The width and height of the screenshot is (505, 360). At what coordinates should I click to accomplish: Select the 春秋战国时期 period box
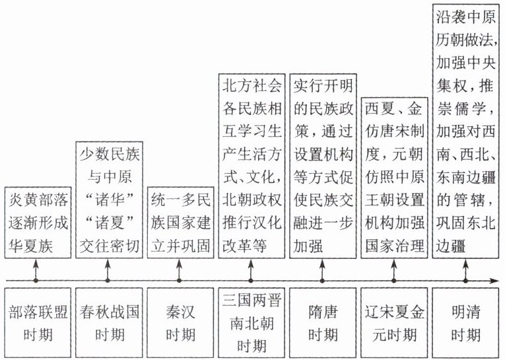(108, 322)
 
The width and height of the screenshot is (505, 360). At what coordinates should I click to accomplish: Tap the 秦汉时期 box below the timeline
(180, 322)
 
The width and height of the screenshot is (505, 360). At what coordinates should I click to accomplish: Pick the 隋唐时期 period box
(322, 322)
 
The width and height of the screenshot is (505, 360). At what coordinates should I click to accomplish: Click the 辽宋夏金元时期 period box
(393, 322)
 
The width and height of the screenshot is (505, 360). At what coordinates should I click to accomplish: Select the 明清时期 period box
(465, 322)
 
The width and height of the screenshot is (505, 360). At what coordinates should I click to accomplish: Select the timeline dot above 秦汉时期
(180, 281)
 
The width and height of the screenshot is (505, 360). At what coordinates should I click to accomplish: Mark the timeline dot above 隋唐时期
(322, 281)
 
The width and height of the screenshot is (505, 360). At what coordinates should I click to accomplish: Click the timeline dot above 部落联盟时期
(36, 281)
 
